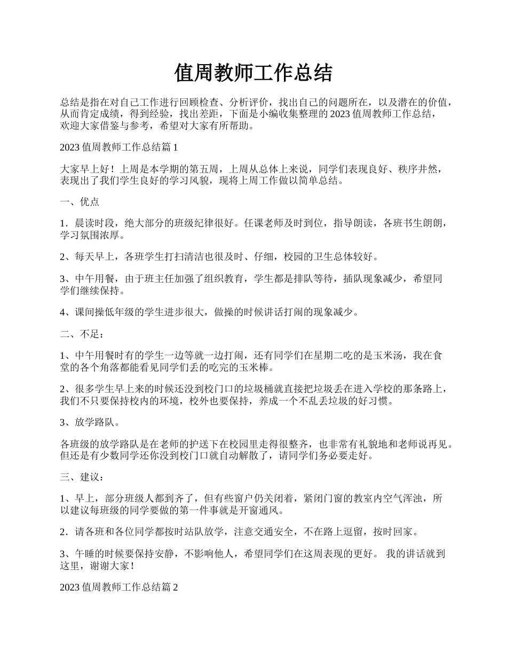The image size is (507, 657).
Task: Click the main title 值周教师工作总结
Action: pyautogui.click(x=253, y=73)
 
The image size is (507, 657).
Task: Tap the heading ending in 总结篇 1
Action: pyautogui.click(x=118, y=147)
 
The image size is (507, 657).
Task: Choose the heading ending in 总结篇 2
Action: pyautogui.click(x=118, y=586)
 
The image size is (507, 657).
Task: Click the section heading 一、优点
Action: pyautogui.click(x=80, y=202)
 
